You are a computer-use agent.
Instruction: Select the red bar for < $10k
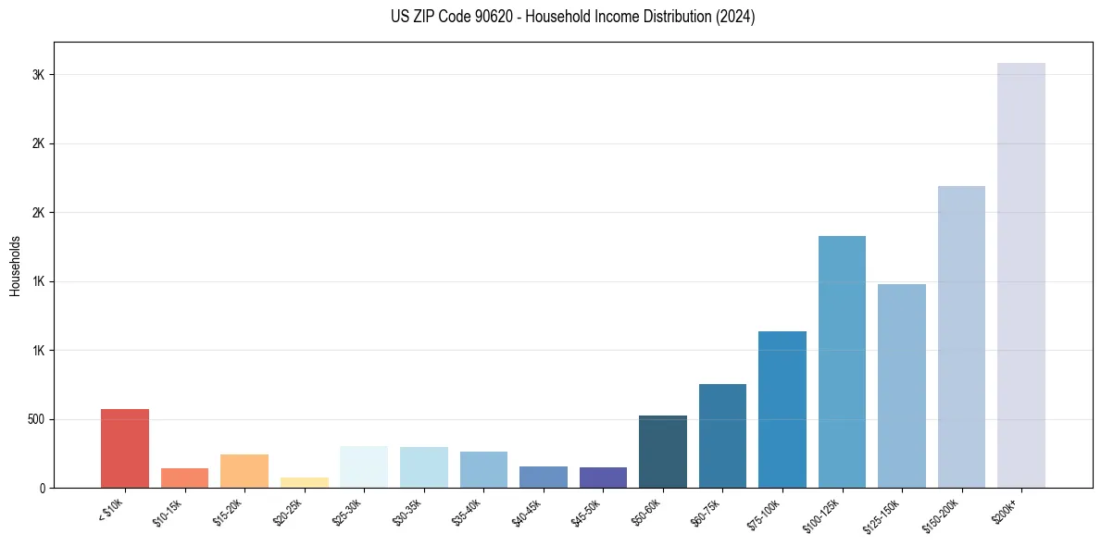(125, 448)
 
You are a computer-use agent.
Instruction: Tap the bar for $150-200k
(961, 337)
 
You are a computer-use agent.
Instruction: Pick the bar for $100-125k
(842, 362)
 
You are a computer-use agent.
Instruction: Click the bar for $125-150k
(902, 386)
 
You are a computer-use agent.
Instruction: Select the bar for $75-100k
(782, 409)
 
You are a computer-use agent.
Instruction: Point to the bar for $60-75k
(722, 436)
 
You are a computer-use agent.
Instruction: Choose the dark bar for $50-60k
(663, 452)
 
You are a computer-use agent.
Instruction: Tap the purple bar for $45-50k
(603, 478)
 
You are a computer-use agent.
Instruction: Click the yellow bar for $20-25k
(305, 482)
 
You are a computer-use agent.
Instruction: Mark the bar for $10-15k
(184, 478)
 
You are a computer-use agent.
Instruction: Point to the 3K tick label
(38, 75)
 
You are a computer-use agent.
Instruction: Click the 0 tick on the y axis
(42, 488)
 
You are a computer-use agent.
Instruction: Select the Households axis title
(15, 265)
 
